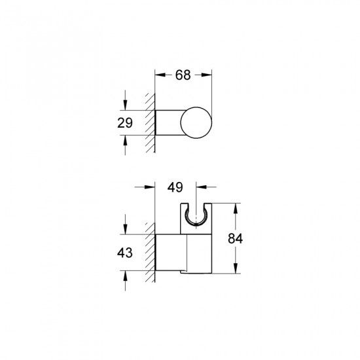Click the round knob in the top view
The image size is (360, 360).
pyautogui.click(x=196, y=122)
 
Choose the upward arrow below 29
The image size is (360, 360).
pyautogui.click(x=124, y=139)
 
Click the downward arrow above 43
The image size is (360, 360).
pyautogui.click(x=124, y=230)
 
